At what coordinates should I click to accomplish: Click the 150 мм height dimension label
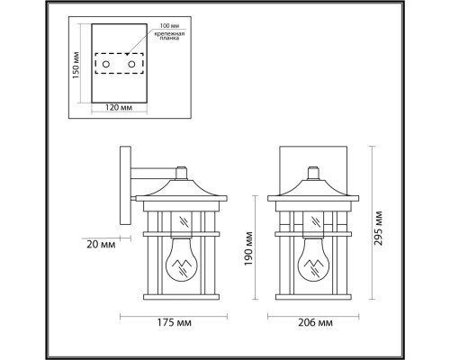click(x=76, y=66)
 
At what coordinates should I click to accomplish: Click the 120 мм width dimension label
click(x=119, y=107)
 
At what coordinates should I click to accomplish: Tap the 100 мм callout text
click(x=169, y=26)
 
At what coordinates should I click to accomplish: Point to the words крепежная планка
click(x=169, y=36)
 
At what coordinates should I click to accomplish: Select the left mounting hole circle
click(x=105, y=64)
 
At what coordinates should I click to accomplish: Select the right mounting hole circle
click(x=131, y=64)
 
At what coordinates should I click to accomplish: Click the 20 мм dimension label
click(x=101, y=245)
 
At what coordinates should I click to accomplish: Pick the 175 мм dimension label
click(x=175, y=323)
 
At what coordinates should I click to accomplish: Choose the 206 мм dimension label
click(x=315, y=323)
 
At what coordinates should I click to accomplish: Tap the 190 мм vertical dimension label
click(x=248, y=248)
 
